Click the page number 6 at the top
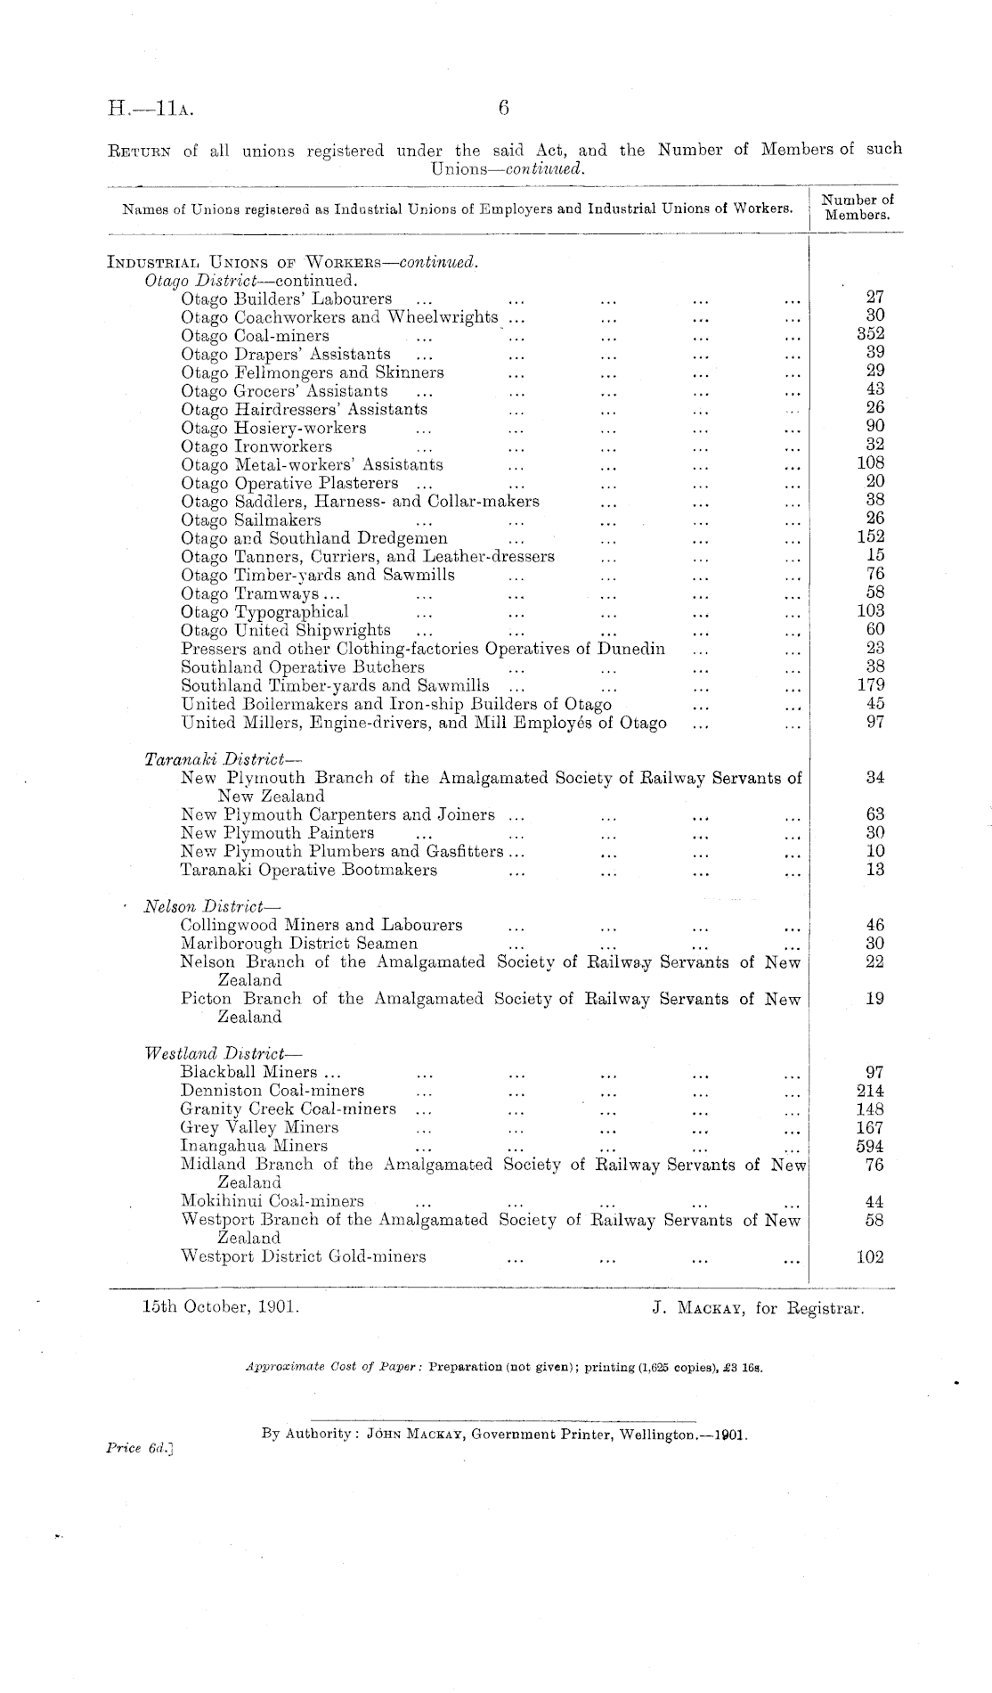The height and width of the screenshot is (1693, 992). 503,109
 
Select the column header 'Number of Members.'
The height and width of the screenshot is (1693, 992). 858,208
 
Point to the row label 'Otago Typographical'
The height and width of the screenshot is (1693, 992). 264,611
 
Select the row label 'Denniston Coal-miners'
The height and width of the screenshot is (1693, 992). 272,1091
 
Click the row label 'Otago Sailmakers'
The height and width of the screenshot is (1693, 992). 251,519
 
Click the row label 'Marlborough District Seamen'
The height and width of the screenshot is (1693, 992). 299,944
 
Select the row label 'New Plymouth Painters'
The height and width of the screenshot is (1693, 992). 278,833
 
